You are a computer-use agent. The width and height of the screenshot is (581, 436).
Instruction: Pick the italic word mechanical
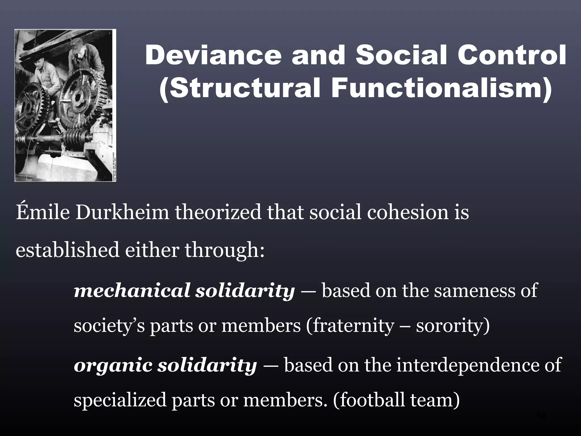pos(131,291)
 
